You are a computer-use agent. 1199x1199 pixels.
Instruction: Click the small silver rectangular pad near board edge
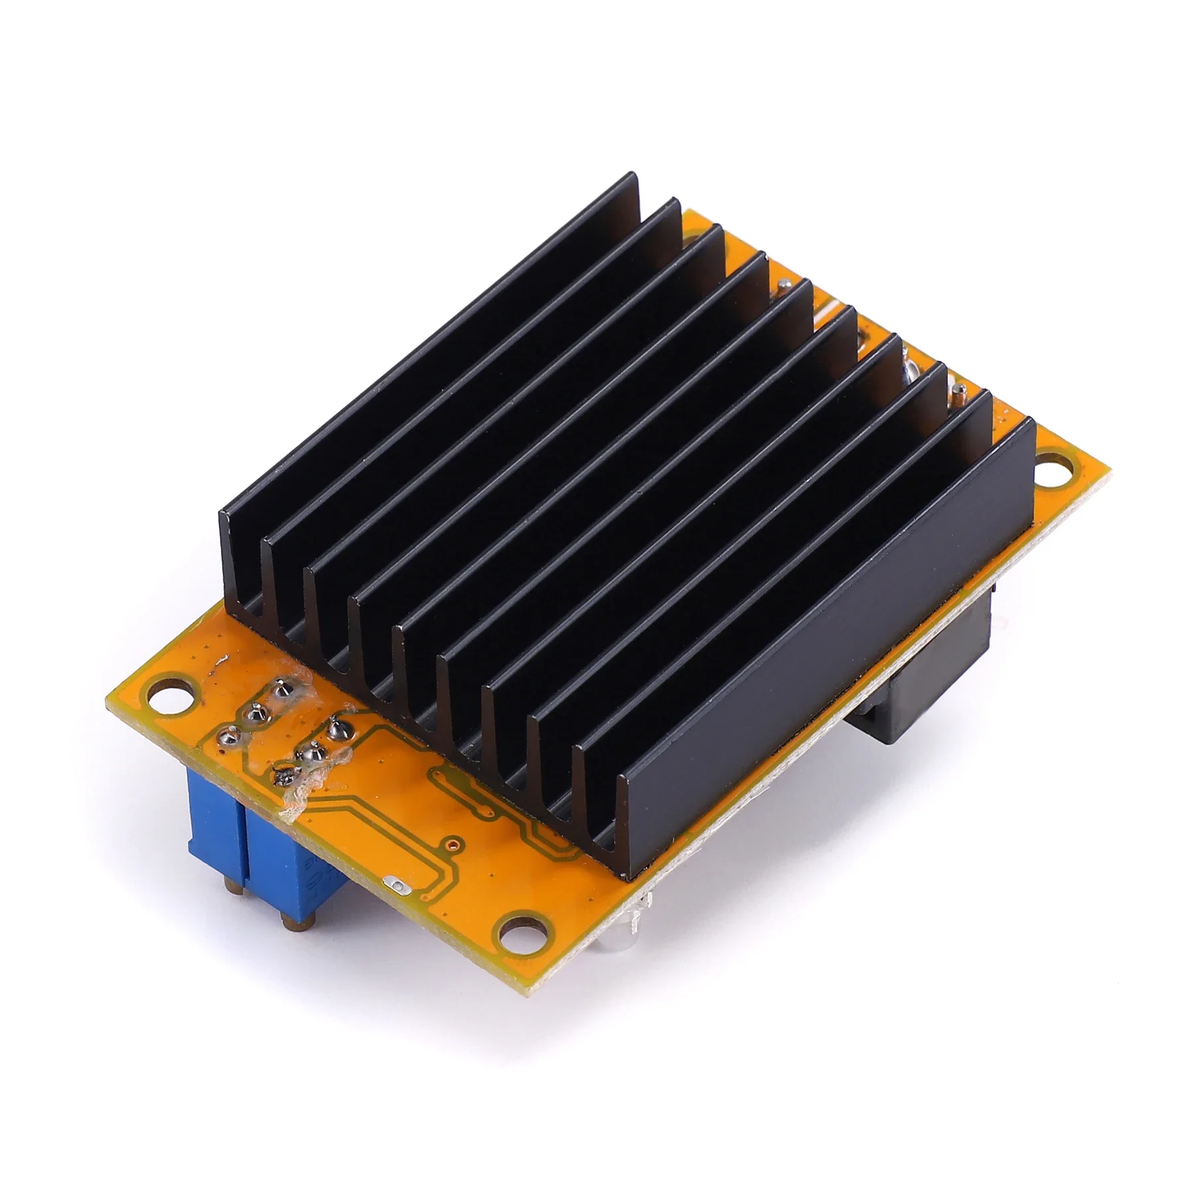pyautogui.click(x=395, y=883)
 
